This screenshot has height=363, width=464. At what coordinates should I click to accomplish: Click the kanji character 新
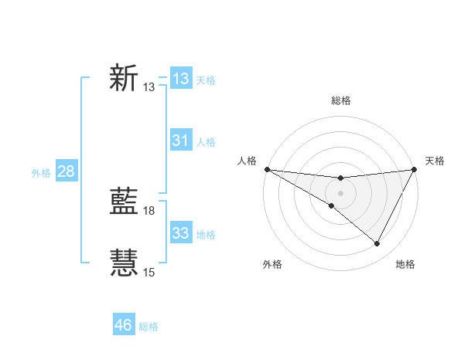124,78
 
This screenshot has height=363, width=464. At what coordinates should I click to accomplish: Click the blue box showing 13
180,78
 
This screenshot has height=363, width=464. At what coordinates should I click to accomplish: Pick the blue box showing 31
180,141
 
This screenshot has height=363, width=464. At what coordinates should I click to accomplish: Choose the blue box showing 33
180,233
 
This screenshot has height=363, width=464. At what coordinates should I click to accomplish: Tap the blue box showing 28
66,171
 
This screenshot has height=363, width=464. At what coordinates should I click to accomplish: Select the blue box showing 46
124,325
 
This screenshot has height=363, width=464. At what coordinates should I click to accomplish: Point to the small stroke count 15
149,273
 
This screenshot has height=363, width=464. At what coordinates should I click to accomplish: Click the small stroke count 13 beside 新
149,87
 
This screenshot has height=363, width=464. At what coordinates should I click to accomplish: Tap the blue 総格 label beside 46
148,327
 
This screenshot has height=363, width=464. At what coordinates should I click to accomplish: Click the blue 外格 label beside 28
41,173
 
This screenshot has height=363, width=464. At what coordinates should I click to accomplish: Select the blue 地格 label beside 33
206,235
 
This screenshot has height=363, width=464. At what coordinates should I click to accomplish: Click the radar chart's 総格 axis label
341,100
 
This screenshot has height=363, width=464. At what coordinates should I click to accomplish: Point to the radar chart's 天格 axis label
435,161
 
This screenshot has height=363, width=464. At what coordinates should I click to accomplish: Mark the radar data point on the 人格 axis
267,169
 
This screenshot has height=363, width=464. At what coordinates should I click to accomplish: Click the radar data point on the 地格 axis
377,244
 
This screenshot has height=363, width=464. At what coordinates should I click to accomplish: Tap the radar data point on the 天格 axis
415,169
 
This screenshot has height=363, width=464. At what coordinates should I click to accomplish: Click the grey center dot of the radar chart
341,192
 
